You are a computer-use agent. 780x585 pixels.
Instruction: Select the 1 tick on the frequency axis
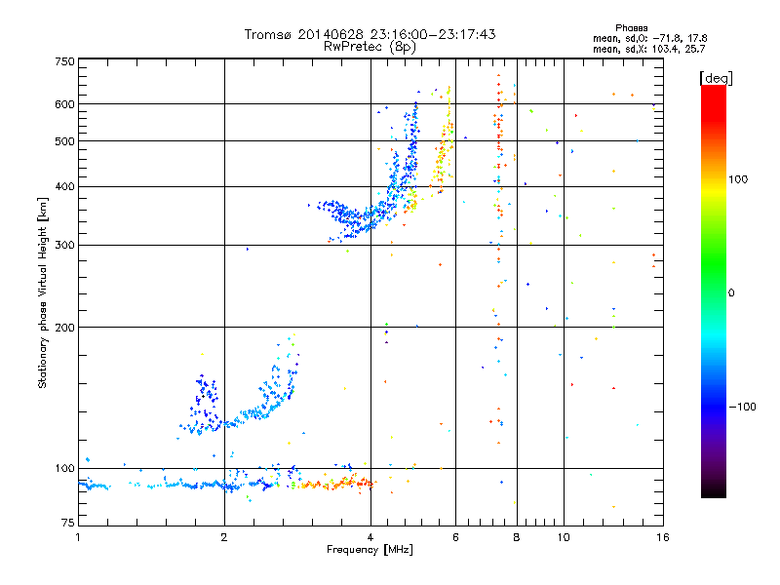tap(78, 537)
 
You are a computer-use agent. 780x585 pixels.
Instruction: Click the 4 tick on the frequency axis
tap(370, 537)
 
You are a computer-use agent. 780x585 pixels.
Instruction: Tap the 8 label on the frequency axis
tap(517, 537)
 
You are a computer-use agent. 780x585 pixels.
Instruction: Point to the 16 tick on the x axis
tap(662, 537)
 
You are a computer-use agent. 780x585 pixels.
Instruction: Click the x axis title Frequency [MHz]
tap(370, 551)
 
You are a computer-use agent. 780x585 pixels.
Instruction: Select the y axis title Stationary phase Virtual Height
tap(43, 292)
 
